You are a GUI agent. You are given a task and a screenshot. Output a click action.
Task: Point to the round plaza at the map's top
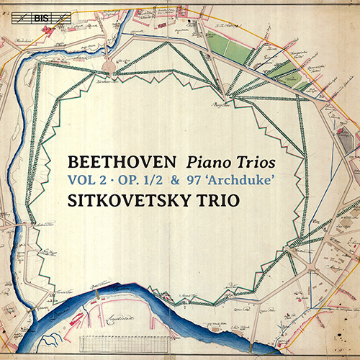coord(109,66)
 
